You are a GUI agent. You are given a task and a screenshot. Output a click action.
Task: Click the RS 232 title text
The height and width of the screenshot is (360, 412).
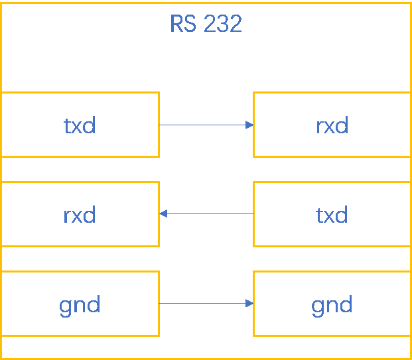click(x=206, y=25)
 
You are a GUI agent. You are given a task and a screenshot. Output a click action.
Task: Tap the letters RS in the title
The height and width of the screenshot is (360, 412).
click(x=183, y=25)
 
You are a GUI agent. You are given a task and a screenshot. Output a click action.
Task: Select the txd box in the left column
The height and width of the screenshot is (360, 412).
click(x=80, y=125)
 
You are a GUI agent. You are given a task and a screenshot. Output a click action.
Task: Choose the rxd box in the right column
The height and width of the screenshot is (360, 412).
click(x=332, y=125)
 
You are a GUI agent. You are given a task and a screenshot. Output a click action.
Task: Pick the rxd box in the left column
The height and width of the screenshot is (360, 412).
click(x=80, y=214)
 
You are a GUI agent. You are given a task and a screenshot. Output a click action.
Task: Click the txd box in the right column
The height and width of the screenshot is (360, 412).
click(x=332, y=214)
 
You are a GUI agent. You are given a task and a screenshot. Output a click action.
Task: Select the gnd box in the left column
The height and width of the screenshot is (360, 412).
click(x=80, y=304)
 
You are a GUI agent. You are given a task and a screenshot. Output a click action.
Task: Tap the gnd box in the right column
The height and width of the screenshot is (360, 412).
click(x=332, y=304)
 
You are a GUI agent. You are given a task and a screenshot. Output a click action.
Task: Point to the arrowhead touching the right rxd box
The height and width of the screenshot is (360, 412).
click(x=249, y=125)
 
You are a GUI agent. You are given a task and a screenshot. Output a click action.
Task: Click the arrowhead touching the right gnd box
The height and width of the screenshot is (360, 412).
click(x=249, y=304)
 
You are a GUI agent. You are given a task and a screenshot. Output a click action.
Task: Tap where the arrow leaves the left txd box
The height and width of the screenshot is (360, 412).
click(x=161, y=125)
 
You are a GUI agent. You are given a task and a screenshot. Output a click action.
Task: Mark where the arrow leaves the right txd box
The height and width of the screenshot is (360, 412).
click(x=252, y=214)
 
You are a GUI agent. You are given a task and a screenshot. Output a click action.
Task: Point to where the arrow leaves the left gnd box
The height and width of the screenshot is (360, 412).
click(x=161, y=304)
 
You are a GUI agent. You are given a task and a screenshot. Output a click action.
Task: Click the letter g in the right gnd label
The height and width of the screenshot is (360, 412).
click(x=317, y=306)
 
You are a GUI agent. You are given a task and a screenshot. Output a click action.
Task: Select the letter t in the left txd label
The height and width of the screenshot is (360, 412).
click(x=67, y=125)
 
